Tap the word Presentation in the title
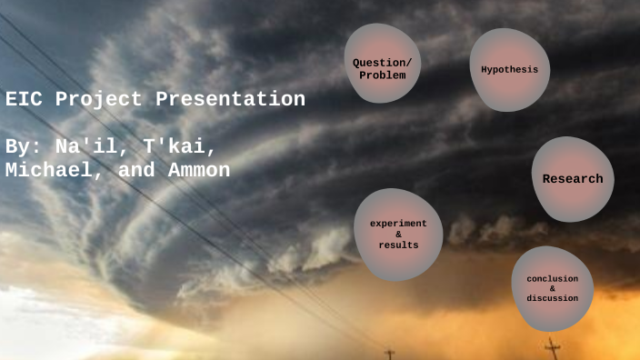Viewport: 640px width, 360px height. pos(230,99)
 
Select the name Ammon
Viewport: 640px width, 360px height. pos(199,170)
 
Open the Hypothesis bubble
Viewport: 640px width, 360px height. pos(509,70)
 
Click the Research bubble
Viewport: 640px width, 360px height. pos(572,179)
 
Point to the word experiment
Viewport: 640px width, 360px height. pos(398,224)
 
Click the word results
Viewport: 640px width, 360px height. pos(398,245)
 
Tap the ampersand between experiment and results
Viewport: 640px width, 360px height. pos(398,235)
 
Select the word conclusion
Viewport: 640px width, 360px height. pos(553,277)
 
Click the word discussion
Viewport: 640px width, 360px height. pos(553,298)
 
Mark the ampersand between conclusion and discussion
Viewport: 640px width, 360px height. pos(553,288)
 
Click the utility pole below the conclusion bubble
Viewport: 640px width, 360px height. pos(553,348)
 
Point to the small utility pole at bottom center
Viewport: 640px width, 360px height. pos(390,353)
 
